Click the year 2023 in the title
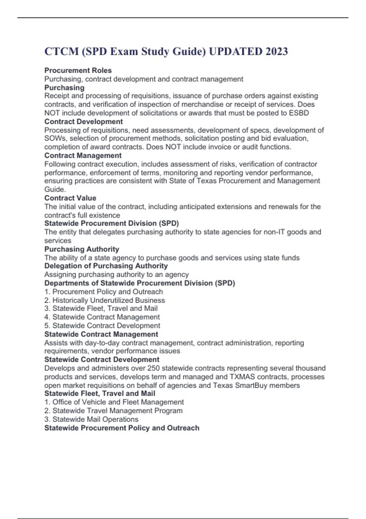276,51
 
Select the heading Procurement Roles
78,71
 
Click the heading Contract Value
70,198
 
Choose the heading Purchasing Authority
82,249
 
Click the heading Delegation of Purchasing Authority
106,266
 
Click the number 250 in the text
153,368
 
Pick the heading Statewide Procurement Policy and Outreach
122,428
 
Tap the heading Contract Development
84,122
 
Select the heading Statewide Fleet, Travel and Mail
100,394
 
